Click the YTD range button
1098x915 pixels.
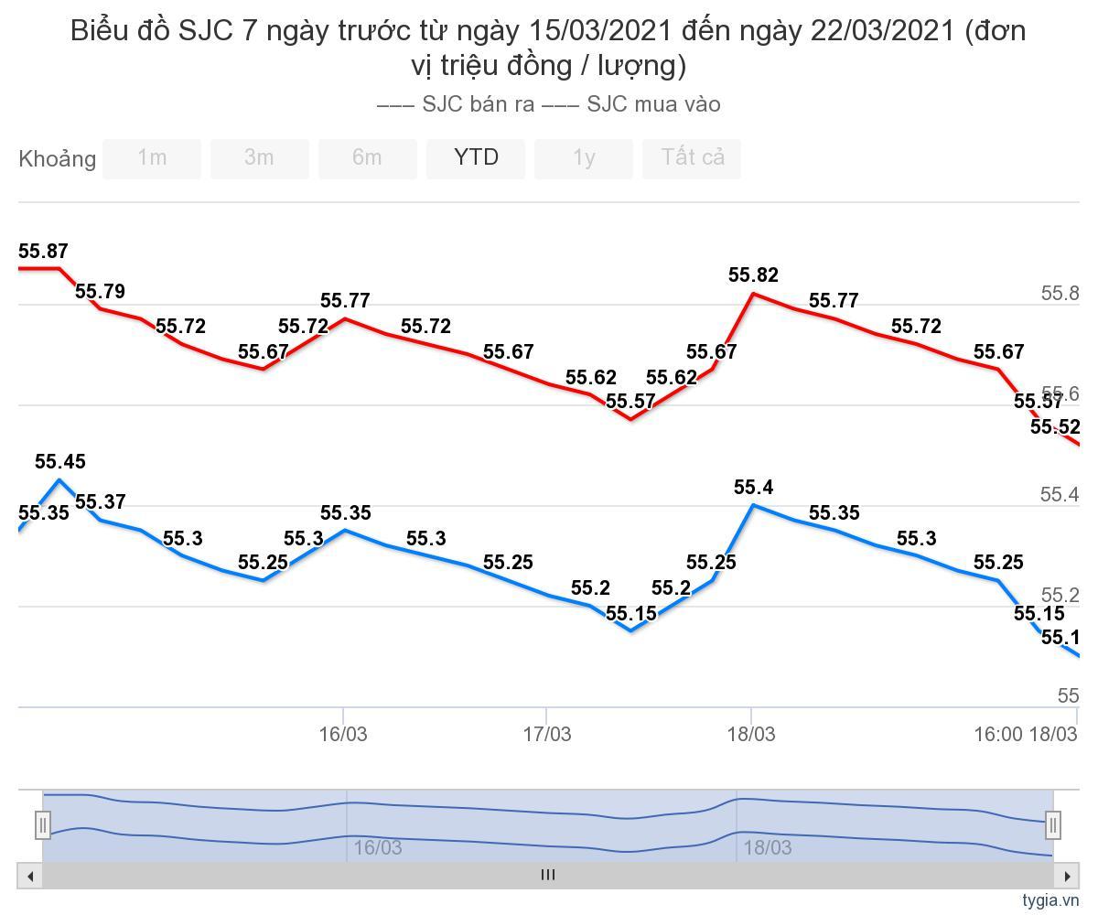tap(476, 158)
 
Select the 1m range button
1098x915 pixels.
tap(152, 158)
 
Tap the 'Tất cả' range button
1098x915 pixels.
tap(692, 158)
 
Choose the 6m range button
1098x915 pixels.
tap(367, 158)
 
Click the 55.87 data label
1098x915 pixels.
tap(43, 252)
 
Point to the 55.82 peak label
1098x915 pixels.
tap(753, 275)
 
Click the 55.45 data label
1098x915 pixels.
tap(60, 462)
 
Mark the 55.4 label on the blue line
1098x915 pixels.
tap(753, 488)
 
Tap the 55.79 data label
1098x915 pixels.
tap(100, 292)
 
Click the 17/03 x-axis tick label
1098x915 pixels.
tap(546, 734)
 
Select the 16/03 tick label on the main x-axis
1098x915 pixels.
tap(343, 734)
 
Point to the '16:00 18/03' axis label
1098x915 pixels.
tap(1025, 734)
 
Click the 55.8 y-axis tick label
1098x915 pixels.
tap(1060, 294)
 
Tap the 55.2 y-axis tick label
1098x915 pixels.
tap(1060, 596)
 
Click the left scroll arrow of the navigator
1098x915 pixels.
tap(30, 876)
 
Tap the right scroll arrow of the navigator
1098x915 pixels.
tap(1067, 876)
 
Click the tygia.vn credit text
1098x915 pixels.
tap(1050, 900)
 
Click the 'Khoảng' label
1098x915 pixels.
tap(57, 159)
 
